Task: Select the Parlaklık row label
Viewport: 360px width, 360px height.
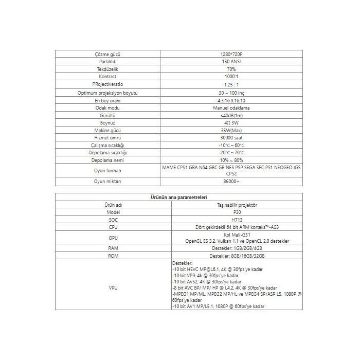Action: coord(108,61)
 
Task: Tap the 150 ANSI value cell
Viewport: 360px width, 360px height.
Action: coord(231,61)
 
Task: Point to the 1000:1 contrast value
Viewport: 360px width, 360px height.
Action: coord(231,76)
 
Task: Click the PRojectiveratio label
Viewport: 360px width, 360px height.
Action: coord(108,84)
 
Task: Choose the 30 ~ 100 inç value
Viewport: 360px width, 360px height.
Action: coord(231,93)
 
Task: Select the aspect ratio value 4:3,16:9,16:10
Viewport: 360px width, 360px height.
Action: coord(231,100)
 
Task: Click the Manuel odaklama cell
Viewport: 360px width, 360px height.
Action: coord(231,108)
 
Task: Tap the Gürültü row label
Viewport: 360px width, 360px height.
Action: coord(108,116)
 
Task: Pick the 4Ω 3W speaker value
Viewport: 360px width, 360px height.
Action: coord(231,123)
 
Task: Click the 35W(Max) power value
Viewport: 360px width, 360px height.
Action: coord(231,131)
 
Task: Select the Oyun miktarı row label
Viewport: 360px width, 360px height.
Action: coord(108,182)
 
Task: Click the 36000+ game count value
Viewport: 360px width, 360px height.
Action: coord(231,182)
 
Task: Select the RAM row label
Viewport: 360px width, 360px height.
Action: coord(113,248)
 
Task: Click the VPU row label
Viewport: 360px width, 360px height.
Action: coord(113,287)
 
